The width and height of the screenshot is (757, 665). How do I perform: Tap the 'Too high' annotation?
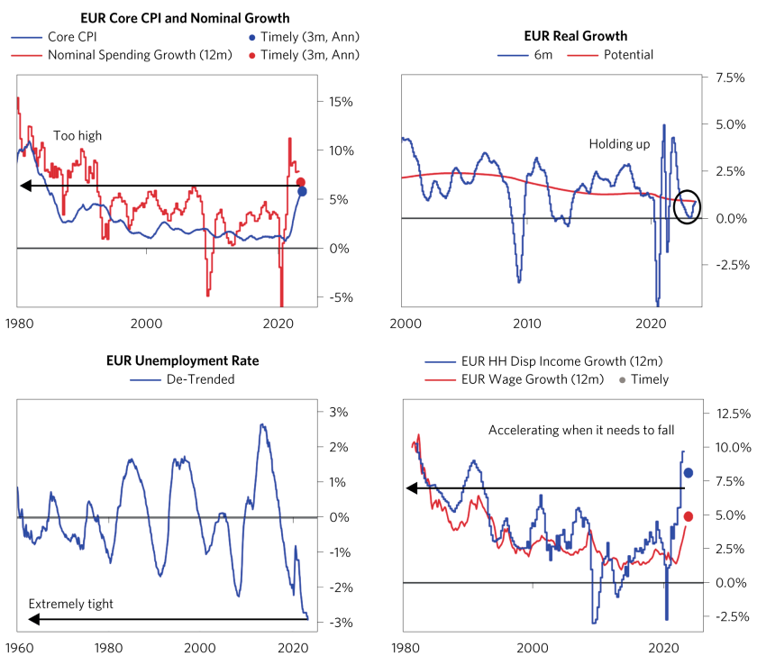(77, 136)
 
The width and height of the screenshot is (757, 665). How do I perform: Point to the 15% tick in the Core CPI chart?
(341, 102)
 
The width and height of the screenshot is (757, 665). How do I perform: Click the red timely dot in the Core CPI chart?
(301, 183)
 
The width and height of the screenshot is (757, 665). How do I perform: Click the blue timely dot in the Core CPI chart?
(302, 191)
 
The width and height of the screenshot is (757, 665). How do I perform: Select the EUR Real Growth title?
(575, 36)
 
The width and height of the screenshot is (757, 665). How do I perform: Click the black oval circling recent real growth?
(687, 206)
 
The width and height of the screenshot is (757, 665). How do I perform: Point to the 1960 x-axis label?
(18, 648)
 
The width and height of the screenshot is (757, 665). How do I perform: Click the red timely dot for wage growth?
(688, 516)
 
